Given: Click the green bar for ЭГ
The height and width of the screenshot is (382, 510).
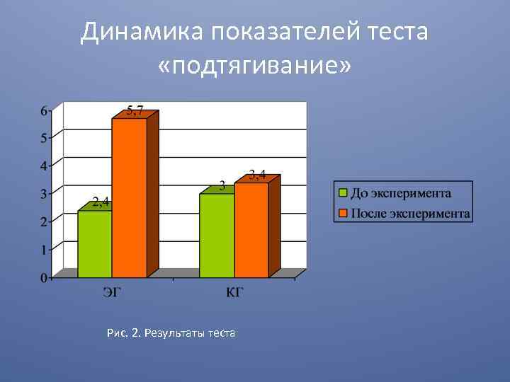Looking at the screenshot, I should tap(95, 244).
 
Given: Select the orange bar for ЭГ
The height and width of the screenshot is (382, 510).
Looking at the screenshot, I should tap(129, 198).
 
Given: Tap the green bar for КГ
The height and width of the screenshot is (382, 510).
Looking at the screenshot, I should tap(217, 235).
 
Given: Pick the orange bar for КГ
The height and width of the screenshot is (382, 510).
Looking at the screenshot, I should tap(251, 230).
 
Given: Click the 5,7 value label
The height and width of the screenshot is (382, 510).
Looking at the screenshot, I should tap(135, 110).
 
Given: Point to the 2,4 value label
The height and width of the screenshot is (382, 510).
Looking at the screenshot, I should tap(101, 202).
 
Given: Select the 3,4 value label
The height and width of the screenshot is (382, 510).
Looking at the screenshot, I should tap(257, 175).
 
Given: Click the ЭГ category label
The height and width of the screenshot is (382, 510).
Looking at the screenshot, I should tap(112, 293).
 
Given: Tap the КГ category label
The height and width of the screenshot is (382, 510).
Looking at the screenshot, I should tap(234, 293).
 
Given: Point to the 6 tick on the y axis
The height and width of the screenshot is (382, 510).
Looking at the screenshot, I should tap(44, 110).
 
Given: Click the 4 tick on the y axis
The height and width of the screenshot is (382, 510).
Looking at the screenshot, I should tap(44, 166).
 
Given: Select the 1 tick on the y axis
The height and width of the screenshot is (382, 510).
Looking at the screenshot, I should tap(44, 250).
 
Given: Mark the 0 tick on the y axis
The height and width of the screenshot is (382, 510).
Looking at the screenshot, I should tap(44, 278).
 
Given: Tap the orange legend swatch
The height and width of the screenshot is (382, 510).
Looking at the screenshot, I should tap(343, 212).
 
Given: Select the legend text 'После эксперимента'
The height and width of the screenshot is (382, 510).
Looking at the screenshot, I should tap(411, 212).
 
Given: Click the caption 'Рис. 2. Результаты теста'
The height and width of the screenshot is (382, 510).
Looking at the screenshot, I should tap(170, 332).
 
